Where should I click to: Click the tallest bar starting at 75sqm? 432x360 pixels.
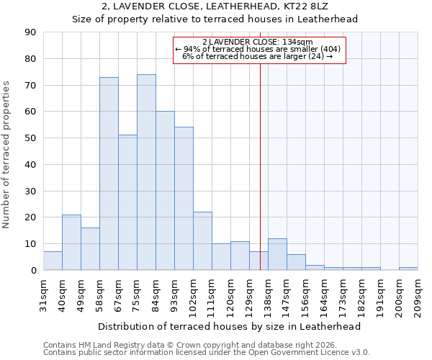(146, 173)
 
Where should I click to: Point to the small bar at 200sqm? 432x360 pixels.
(408, 269)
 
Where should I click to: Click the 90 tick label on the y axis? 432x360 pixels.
(30, 32)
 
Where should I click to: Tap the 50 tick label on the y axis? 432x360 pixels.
(30, 138)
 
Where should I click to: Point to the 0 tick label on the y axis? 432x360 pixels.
(33, 270)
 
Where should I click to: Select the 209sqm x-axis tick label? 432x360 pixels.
(418, 294)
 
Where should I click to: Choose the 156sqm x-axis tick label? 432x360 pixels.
(306, 294)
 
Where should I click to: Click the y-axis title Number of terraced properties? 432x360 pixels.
(7, 155)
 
